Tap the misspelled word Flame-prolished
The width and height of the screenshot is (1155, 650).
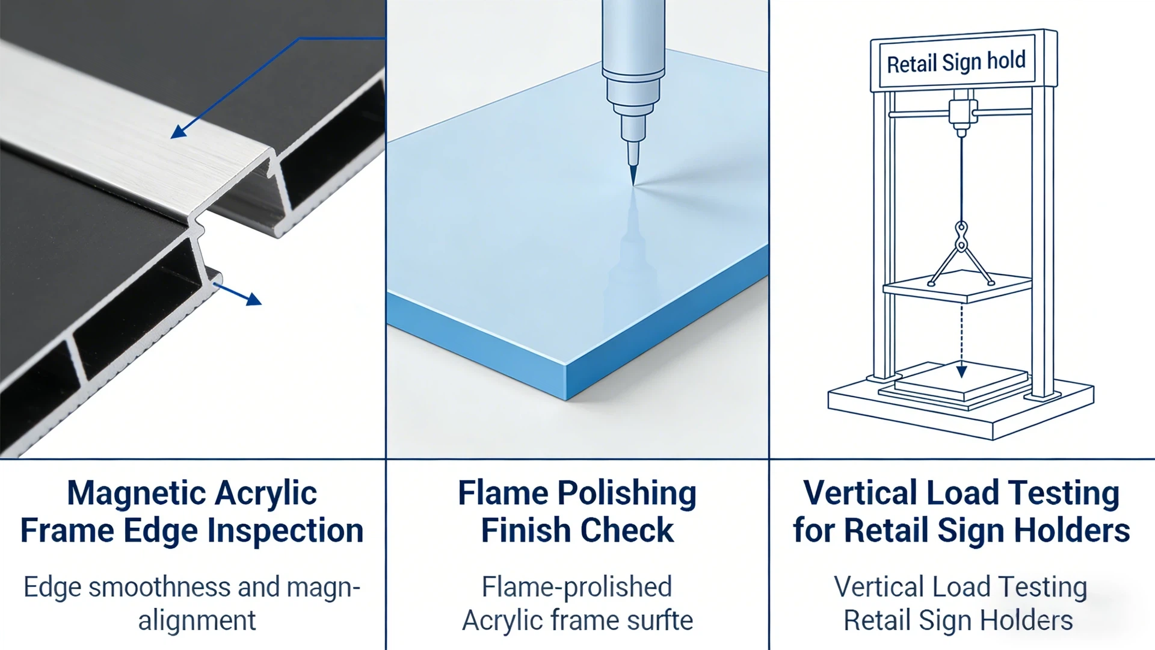pos(576,587)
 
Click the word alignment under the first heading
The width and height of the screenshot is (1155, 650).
pos(197,621)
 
